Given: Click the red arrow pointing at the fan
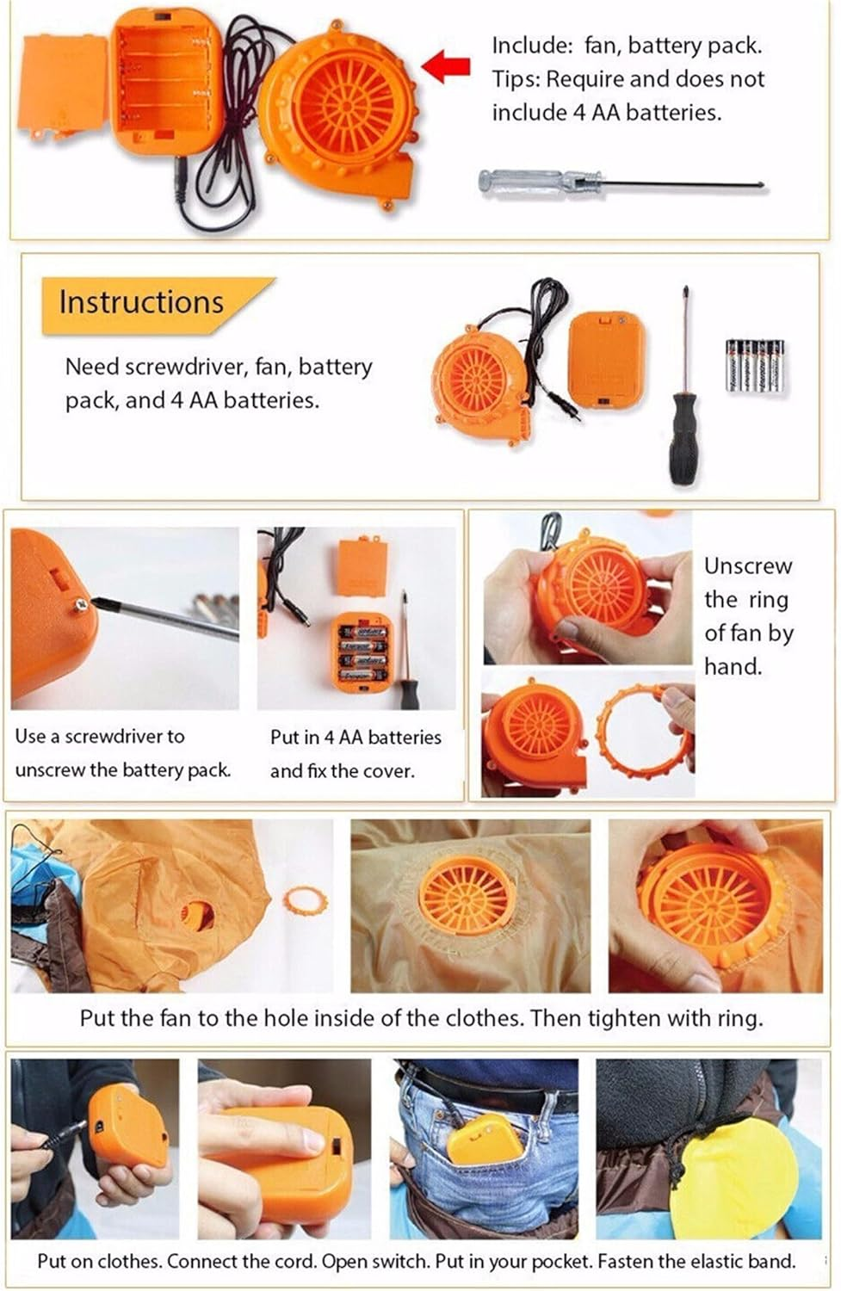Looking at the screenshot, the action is [446, 65].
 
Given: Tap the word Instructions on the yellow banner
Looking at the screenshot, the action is [141, 302].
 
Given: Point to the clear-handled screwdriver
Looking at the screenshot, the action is [623, 183].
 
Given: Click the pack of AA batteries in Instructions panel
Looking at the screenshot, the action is [755, 366].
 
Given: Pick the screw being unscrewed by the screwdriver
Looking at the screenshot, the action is [82, 604].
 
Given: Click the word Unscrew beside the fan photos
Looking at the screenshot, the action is [748, 566].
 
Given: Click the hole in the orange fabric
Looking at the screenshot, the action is [196, 914].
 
